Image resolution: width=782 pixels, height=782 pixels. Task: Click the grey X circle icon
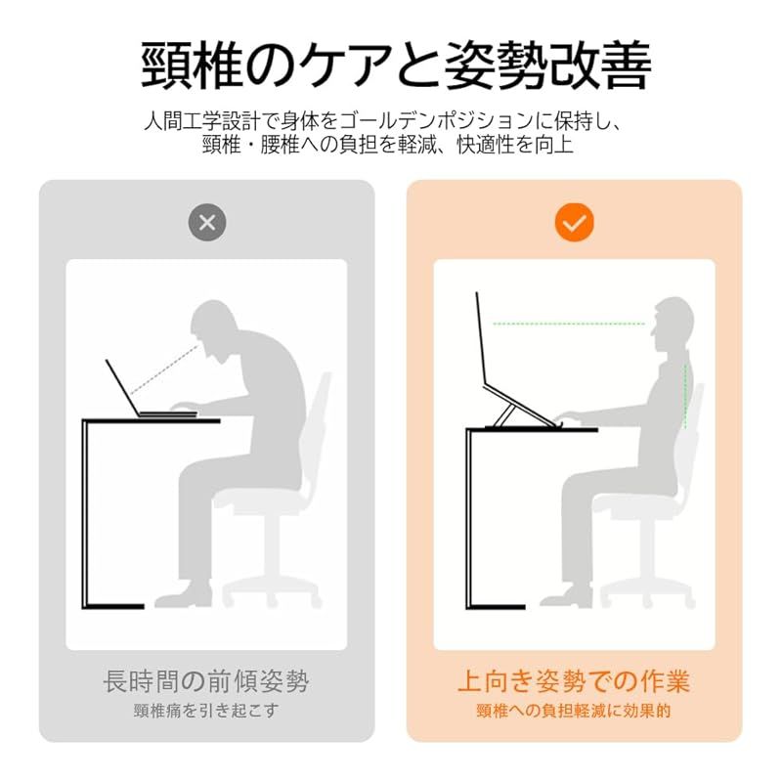click(x=207, y=223)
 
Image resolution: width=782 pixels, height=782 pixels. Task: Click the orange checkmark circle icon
click(x=574, y=223)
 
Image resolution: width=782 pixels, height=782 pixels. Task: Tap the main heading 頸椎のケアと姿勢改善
click(x=397, y=65)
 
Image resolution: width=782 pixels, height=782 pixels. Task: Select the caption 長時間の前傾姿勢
click(x=206, y=680)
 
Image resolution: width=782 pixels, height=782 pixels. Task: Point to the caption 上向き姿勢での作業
click(x=574, y=680)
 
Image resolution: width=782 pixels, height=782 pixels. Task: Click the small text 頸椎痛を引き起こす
click(x=206, y=711)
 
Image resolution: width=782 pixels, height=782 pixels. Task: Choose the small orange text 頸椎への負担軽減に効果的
click(x=574, y=711)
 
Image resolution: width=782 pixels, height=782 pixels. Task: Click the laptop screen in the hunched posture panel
click(x=122, y=387)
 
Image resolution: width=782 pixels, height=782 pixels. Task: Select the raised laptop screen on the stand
click(x=481, y=338)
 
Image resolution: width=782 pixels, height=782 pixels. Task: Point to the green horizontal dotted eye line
click(x=569, y=324)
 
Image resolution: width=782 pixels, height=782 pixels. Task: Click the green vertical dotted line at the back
click(x=686, y=396)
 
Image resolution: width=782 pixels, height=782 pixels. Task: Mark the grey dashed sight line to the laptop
click(x=164, y=369)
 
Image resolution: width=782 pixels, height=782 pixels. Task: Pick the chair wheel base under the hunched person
click(x=270, y=591)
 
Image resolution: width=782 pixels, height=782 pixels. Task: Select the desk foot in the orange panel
click(x=496, y=607)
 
